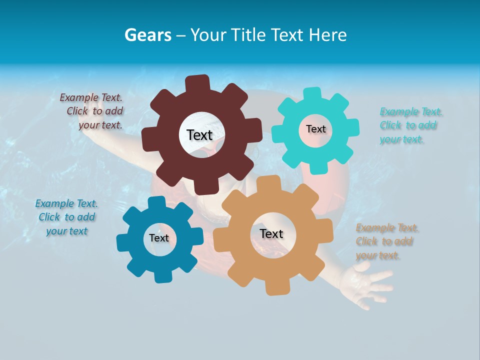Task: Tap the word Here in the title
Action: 328,35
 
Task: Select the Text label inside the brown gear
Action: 199,135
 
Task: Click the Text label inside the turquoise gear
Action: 315,129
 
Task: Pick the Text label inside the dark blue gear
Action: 159,238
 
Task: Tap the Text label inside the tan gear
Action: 271,233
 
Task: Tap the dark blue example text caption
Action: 67,217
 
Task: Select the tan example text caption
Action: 386,241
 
